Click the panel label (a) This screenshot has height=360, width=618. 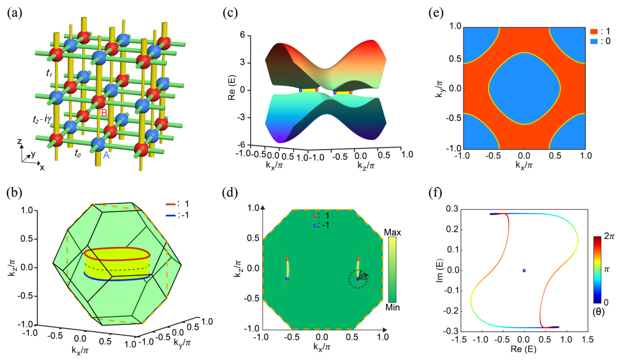(14, 13)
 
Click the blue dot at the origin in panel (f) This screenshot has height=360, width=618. (524, 270)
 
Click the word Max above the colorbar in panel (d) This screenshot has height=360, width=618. (391, 232)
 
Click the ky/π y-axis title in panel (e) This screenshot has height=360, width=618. (439, 88)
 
